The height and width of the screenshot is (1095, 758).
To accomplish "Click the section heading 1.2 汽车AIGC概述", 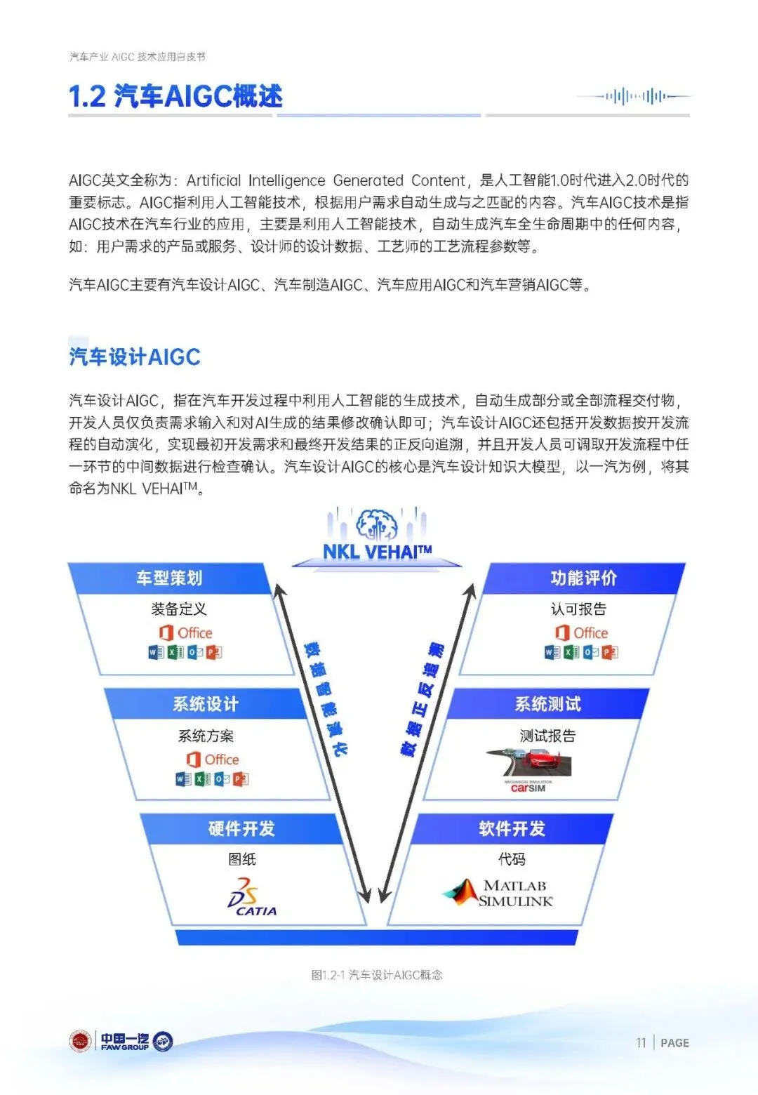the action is click(x=175, y=96).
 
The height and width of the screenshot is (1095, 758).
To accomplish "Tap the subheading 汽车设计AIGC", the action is click(x=135, y=357).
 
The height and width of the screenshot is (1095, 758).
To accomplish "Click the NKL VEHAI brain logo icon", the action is click(x=377, y=524).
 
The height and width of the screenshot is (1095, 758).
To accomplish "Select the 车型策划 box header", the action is click(x=169, y=578).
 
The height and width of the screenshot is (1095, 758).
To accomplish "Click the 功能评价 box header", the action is click(x=584, y=578).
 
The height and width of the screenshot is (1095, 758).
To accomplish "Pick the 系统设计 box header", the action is click(x=206, y=704).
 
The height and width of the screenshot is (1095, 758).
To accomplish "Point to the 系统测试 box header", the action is click(x=547, y=704).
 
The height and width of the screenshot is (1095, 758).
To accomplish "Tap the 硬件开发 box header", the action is click(x=241, y=829).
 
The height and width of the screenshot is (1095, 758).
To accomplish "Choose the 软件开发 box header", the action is click(x=512, y=829).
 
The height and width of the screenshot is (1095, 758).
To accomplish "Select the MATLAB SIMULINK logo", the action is click(x=499, y=893).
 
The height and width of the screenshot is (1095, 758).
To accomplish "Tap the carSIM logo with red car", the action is click(x=528, y=771).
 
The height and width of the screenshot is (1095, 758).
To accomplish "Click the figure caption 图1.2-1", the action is click(x=377, y=975).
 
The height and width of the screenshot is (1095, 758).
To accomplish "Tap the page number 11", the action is click(x=641, y=1043).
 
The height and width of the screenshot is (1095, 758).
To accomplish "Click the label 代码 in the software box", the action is click(x=512, y=859).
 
